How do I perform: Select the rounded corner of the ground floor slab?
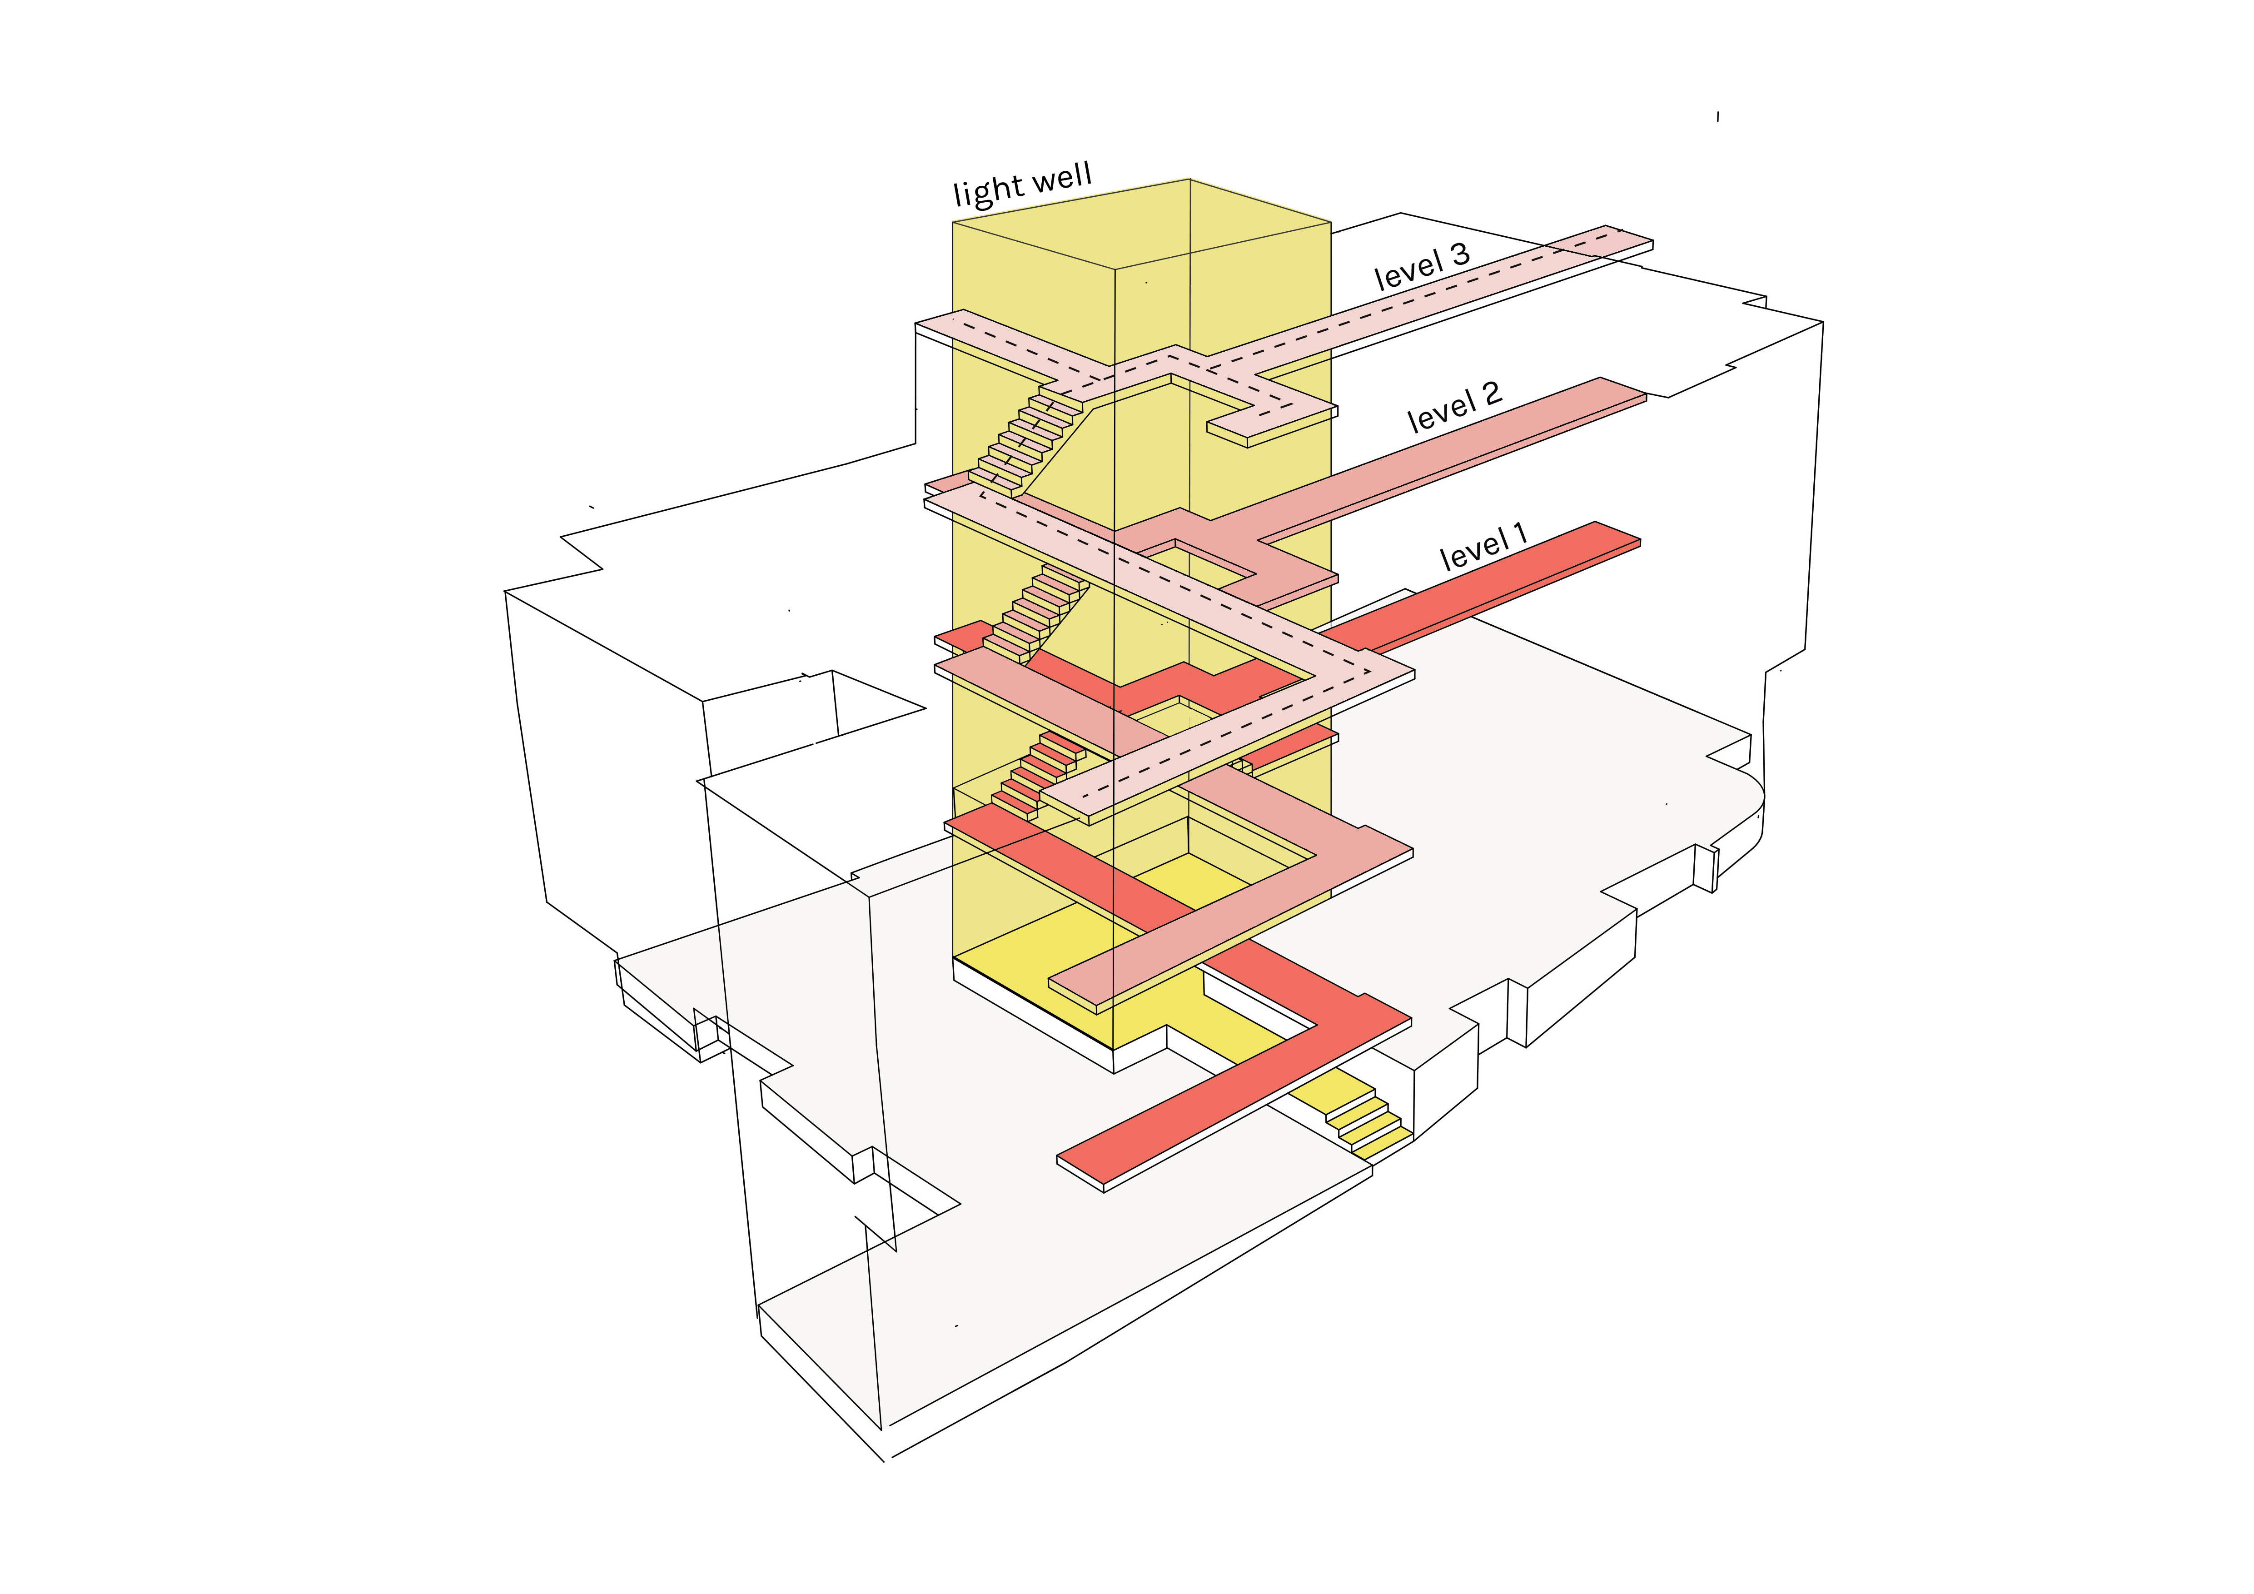pos(1752,800)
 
